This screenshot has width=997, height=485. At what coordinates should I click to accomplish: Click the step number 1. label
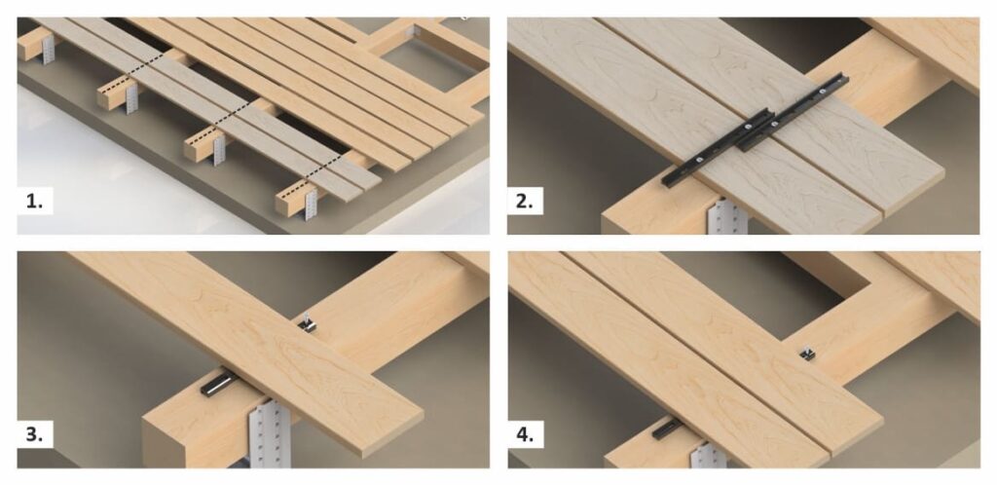point(34,203)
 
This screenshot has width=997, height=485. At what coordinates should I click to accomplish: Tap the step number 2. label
point(525,203)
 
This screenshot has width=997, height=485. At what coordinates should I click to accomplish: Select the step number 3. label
point(34,436)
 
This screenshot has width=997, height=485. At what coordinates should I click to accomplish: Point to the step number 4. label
point(525,436)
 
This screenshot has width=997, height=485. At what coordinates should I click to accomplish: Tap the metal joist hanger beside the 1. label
point(312,204)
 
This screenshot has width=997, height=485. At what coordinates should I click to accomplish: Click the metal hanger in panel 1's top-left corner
point(49,49)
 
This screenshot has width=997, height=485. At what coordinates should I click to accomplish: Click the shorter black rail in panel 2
point(793,113)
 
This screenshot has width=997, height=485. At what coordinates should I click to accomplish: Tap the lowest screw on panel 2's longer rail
point(698,160)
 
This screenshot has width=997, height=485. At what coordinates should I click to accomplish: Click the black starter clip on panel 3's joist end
point(217,384)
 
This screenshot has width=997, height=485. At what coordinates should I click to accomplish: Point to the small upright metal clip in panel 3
point(309,323)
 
